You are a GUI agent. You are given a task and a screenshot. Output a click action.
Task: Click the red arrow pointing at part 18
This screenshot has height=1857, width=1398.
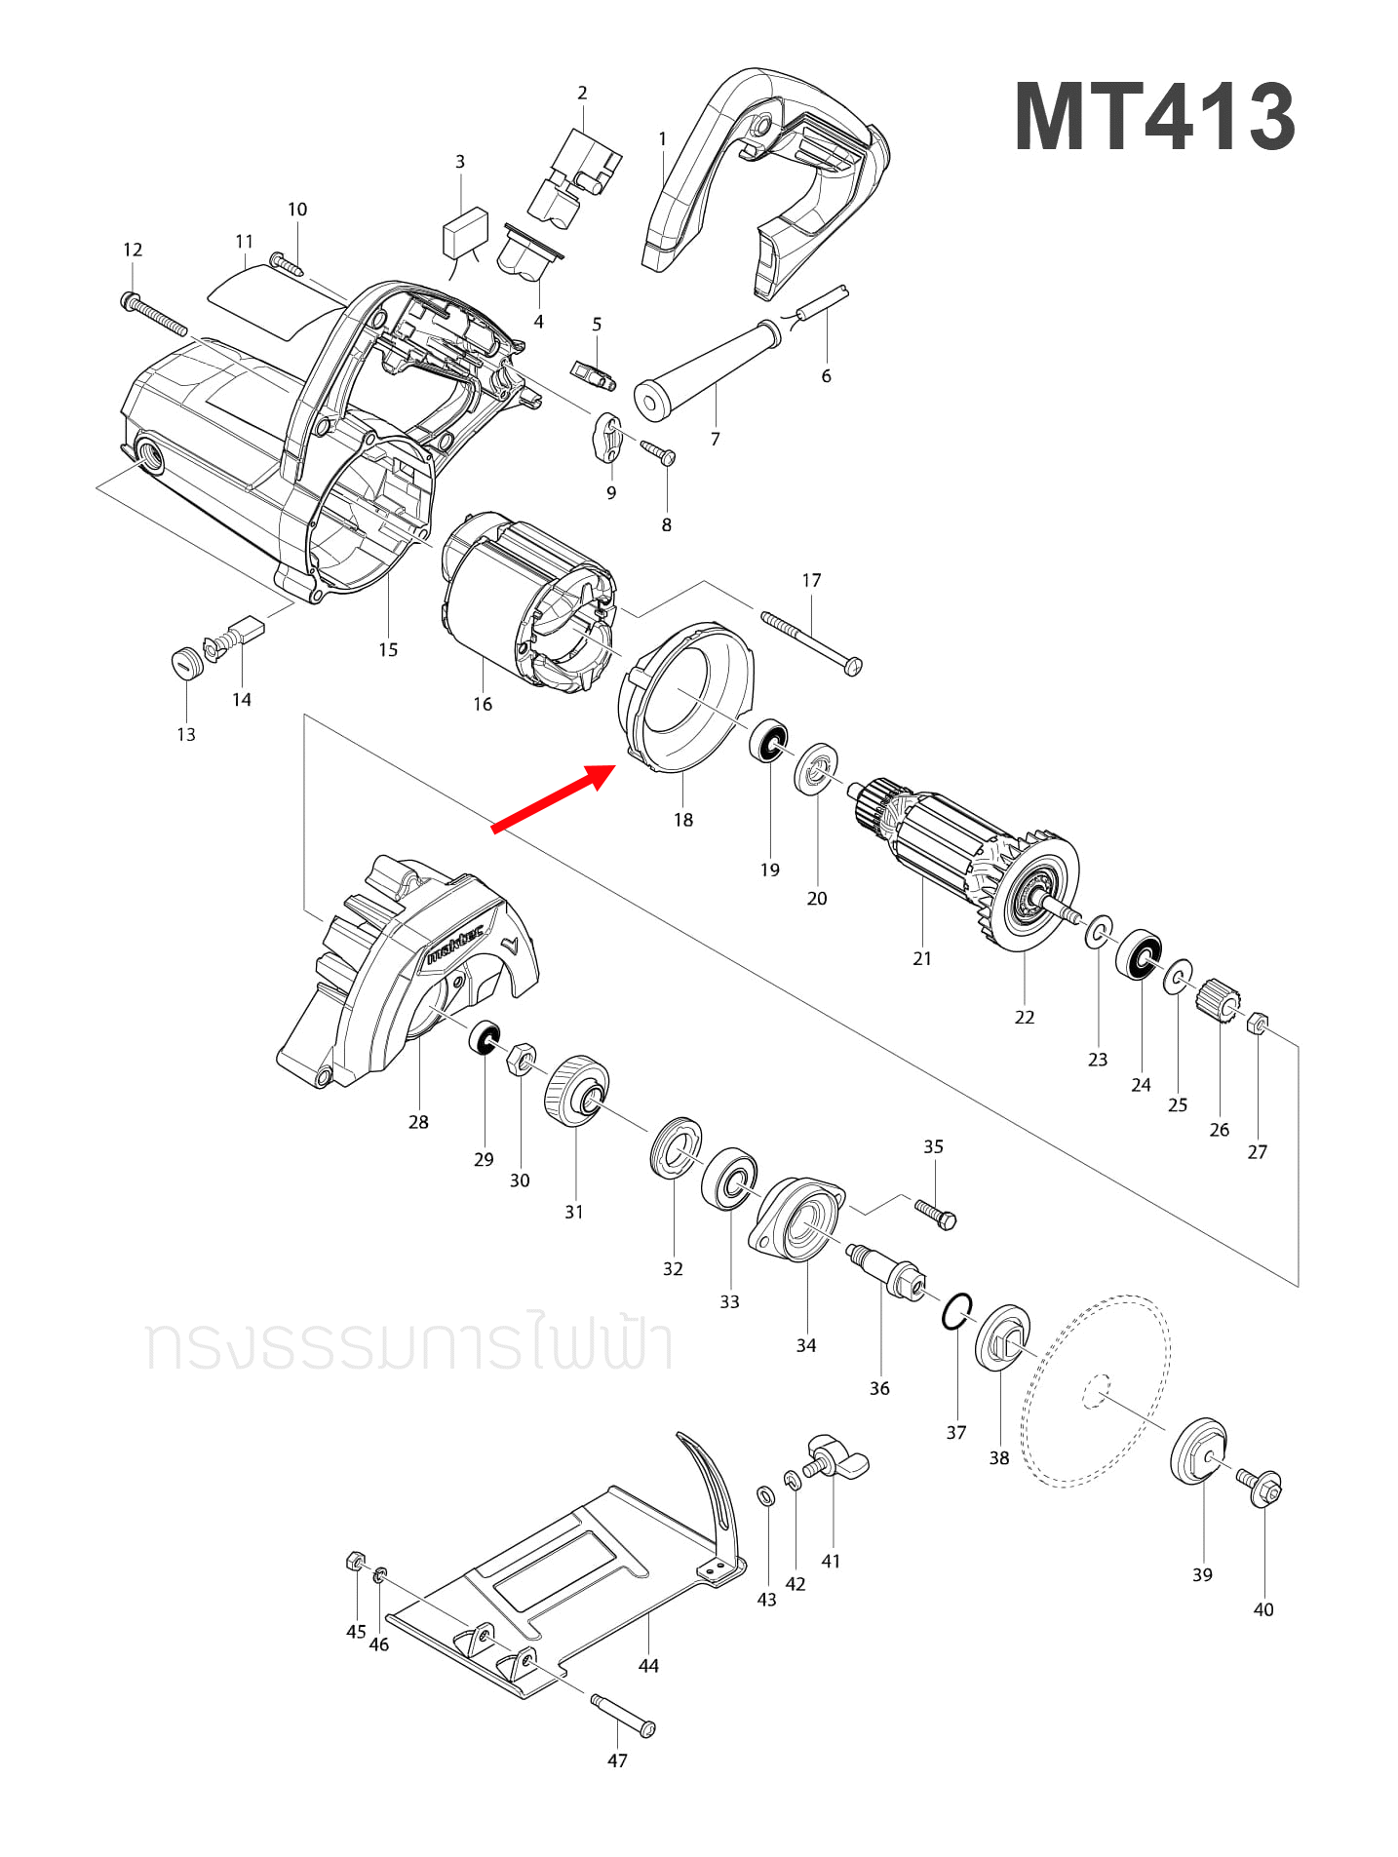pos(554,798)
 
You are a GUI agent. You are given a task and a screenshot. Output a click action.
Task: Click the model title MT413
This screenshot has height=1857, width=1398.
pos(1154,117)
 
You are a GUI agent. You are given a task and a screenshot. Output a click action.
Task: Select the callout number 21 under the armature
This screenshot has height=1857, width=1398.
pos(921,958)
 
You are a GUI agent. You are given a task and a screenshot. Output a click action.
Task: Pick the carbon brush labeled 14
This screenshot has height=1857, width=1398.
pos(248,630)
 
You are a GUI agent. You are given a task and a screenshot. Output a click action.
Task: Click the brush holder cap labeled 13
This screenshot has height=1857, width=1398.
pos(185,664)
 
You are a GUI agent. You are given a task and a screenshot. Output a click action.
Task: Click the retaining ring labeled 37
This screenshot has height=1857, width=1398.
pos(956,1312)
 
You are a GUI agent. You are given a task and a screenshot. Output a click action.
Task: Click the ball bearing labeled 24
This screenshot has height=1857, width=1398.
pos(1139,956)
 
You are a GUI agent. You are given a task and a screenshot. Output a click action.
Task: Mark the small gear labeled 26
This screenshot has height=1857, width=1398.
pos(1220,1001)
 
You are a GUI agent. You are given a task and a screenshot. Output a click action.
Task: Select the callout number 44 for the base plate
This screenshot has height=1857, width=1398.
pos(648,1666)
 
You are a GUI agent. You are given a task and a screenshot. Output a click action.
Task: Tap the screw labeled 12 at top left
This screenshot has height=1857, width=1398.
pos(155,316)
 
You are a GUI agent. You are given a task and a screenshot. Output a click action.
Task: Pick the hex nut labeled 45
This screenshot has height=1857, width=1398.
pos(356,1563)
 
